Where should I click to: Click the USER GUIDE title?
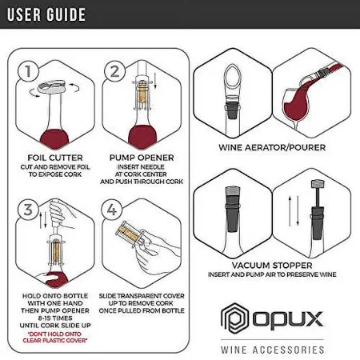point(46,14)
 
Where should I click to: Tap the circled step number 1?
point(28,71)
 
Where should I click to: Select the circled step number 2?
point(115,70)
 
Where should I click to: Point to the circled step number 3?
point(28,210)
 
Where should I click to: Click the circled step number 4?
point(112,210)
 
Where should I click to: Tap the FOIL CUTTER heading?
point(55,158)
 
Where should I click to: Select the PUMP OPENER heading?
point(142,158)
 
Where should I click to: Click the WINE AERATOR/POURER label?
point(272,147)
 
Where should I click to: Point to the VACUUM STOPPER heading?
point(272,266)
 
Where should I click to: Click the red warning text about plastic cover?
point(55,337)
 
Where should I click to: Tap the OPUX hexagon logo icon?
point(234,318)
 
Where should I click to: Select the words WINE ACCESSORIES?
point(272,350)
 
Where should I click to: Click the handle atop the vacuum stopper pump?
point(318,184)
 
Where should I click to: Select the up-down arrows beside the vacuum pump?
point(294,211)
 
